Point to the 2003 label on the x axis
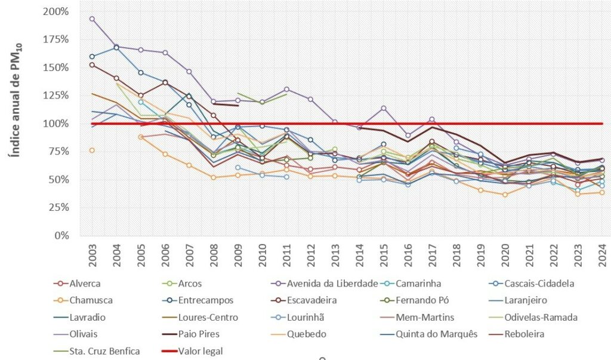click(92, 254)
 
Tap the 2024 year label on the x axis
click(602, 254)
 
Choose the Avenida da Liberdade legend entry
click(337, 283)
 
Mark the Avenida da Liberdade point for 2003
click(92, 19)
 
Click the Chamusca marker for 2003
click(92, 150)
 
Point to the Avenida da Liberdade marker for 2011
click(286, 90)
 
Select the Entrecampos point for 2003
click(92, 57)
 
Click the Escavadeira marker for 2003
click(92, 64)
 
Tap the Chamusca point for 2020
click(505, 195)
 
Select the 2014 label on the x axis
click(359, 254)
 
